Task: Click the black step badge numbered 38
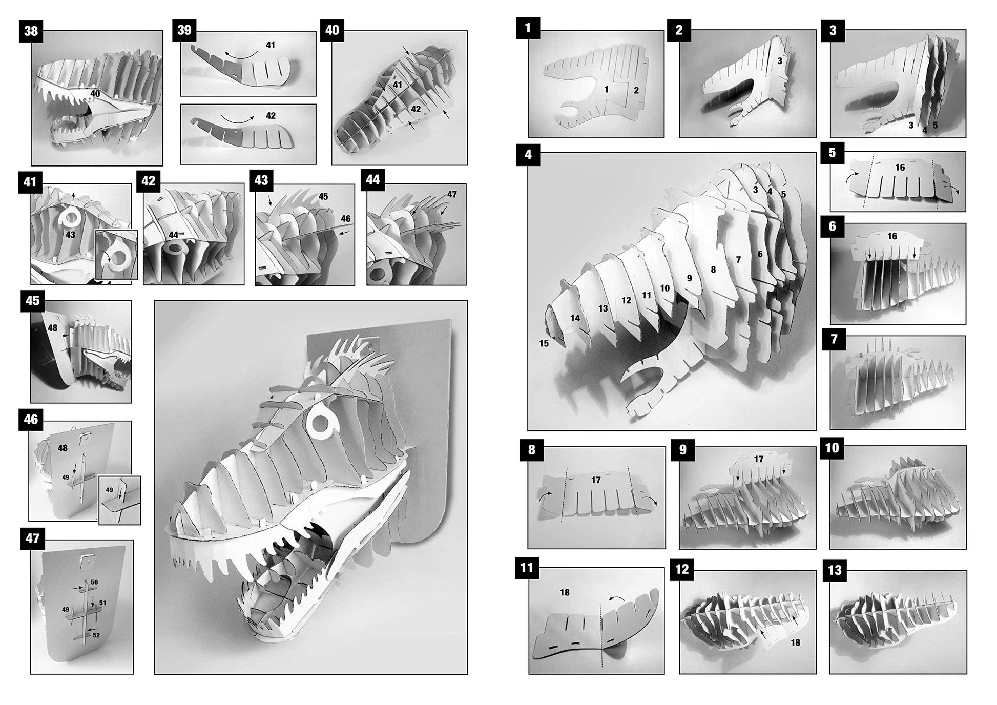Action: [x=31, y=31]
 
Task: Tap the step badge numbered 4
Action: [x=528, y=154]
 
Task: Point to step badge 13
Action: [x=835, y=571]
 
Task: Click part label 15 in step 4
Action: [x=544, y=343]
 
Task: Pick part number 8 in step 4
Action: [x=713, y=269]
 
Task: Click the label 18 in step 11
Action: [x=565, y=592]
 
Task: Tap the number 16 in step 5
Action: [x=900, y=168]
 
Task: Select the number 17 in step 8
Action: [x=595, y=480]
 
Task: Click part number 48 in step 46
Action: [x=63, y=448]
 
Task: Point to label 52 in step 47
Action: [x=96, y=635]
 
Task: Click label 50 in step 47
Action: [x=94, y=583]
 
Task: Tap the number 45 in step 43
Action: [x=323, y=197]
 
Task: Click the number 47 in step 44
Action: [x=451, y=194]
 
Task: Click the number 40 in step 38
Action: [x=95, y=94]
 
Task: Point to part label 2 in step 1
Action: [x=636, y=90]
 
